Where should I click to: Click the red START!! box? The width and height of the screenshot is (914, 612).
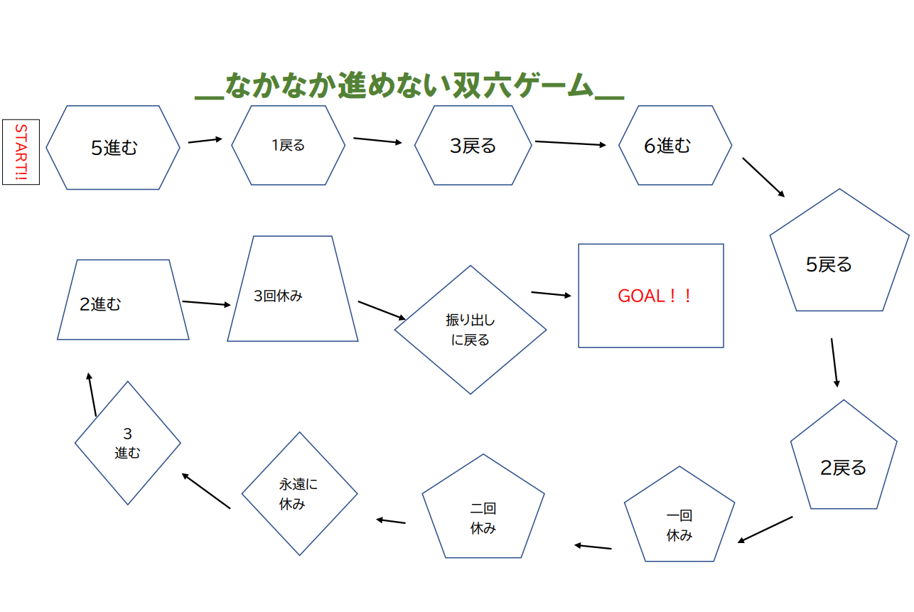click(21, 152)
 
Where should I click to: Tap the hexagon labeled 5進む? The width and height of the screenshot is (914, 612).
click(113, 148)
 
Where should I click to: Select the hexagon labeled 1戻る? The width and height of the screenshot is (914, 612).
click(289, 146)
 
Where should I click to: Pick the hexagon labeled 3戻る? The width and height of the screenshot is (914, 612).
click(473, 146)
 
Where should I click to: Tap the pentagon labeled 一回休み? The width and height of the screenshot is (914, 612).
click(679, 522)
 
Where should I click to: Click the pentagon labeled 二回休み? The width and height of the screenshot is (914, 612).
click(483, 515)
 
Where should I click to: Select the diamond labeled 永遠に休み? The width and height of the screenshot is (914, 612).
click(299, 493)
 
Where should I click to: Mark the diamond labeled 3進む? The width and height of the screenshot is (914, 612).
click(128, 443)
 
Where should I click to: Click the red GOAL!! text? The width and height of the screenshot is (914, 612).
click(655, 296)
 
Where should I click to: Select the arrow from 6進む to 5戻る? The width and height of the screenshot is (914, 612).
click(763, 177)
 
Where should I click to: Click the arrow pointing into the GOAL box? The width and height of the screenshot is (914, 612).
click(551, 294)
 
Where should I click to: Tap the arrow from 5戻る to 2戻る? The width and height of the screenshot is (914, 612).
click(834, 363)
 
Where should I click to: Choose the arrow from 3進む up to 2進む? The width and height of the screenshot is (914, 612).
click(92, 394)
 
